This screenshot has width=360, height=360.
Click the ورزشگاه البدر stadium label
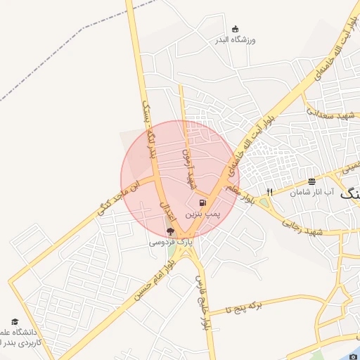pyautogui.click(x=236, y=40)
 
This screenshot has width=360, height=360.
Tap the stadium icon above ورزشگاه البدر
pyautogui.click(x=236, y=29)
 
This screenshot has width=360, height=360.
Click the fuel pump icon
pyautogui.click(x=203, y=202)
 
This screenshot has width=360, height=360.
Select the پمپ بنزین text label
pyautogui.click(x=203, y=212)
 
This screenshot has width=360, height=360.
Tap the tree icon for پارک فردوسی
pyautogui.click(x=169, y=232)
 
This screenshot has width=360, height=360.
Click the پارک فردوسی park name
pyautogui.click(x=169, y=242)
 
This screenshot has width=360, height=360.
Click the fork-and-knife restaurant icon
pyautogui.click(x=269, y=192)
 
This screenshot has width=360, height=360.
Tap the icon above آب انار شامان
pyautogui.click(x=311, y=181)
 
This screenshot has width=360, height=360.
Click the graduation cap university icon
pyautogui.click(x=15, y=321)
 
